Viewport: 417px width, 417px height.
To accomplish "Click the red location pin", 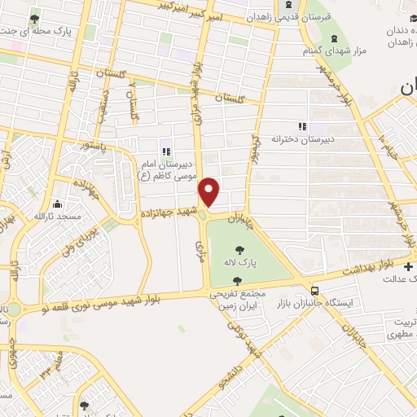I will point(209,191).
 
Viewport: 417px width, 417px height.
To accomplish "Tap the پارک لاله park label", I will point(242,264).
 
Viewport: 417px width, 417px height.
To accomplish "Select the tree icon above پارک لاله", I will point(241,250).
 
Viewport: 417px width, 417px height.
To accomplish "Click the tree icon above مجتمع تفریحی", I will point(236,281).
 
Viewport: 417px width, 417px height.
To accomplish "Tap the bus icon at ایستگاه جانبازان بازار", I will point(314,290).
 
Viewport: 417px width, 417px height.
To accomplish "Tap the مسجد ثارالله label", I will point(57,217).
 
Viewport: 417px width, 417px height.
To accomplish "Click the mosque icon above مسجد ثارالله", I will point(57,204).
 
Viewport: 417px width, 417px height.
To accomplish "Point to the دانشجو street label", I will point(247,367).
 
